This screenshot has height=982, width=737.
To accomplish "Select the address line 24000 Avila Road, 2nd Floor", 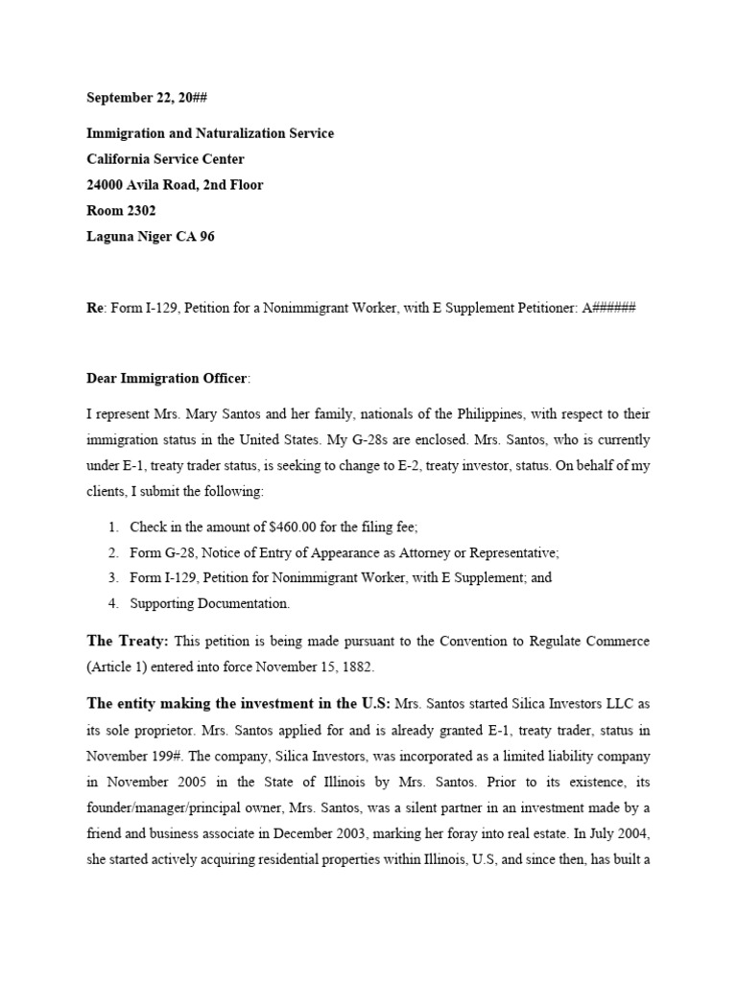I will click(x=175, y=185).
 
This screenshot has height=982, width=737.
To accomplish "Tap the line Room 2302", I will click(x=121, y=210).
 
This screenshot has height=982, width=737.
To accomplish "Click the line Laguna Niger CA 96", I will click(x=151, y=236).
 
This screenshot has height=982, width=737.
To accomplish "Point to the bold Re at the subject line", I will click(x=94, y=308).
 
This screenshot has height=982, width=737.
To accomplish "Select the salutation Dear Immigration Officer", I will click(x=167, y=379).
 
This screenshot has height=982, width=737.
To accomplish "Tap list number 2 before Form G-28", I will click(x=112, y=553).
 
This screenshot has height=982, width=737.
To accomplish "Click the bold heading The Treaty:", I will click(x=128, y=640).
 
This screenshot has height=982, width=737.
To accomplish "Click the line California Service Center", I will click(x=165, y=159).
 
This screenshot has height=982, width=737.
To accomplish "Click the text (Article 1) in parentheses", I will click(x=120, y=665).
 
